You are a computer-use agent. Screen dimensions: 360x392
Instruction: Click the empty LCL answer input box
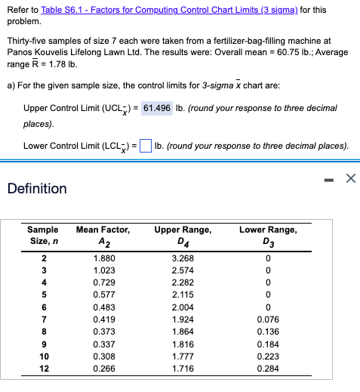[146, 146]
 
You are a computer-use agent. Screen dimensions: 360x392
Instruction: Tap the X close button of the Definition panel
[349, 179]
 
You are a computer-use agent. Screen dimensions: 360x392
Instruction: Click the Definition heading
[38, 188]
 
